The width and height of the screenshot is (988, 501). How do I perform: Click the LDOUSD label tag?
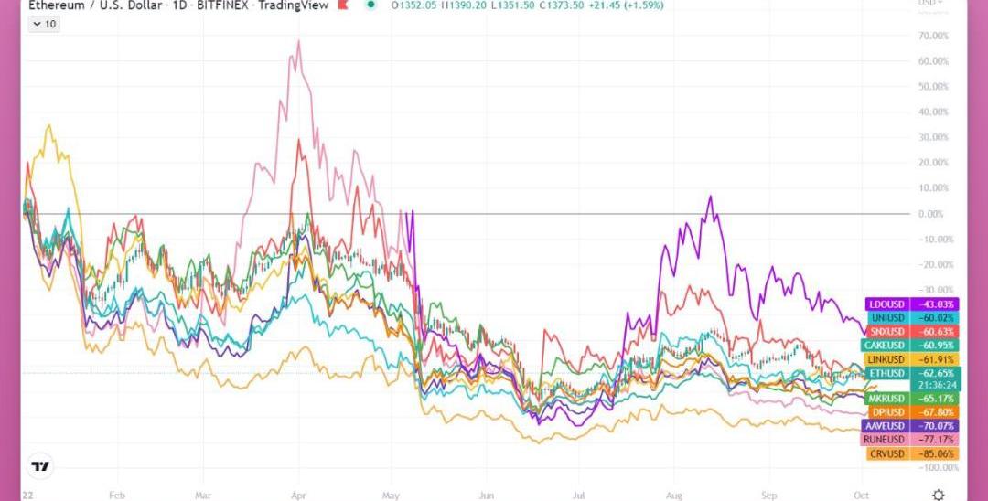tap(886, 304)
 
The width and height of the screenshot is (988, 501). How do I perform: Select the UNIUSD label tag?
tap(886, 317)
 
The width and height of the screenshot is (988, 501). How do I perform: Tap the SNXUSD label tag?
tap(886, 331)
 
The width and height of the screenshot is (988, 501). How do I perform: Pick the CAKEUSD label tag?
tap(886, 345)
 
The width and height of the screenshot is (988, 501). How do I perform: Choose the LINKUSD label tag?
tap(886, 359)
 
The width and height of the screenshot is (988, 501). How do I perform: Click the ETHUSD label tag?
tap(886, 373)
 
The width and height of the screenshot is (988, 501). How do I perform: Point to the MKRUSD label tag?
tap(886, 399)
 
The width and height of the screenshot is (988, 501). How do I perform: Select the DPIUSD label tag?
tap(886, 412)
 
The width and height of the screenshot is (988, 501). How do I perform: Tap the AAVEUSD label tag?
tap(886, 426)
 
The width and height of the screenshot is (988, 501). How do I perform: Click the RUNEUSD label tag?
tap(886, 440)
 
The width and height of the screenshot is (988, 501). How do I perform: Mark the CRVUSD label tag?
tap(886, 453)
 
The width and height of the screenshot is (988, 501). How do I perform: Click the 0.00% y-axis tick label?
tap(931, 214)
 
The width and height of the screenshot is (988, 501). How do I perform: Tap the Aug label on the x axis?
tap(674, 494)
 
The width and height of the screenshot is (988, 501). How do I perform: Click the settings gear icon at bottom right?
tap(938, 494)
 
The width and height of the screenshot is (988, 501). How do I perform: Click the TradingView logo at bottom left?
tap(40, 467)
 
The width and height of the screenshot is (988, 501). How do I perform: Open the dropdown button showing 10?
tap(44, 24)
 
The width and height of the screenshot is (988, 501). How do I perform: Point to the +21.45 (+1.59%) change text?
tap(631, 5)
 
